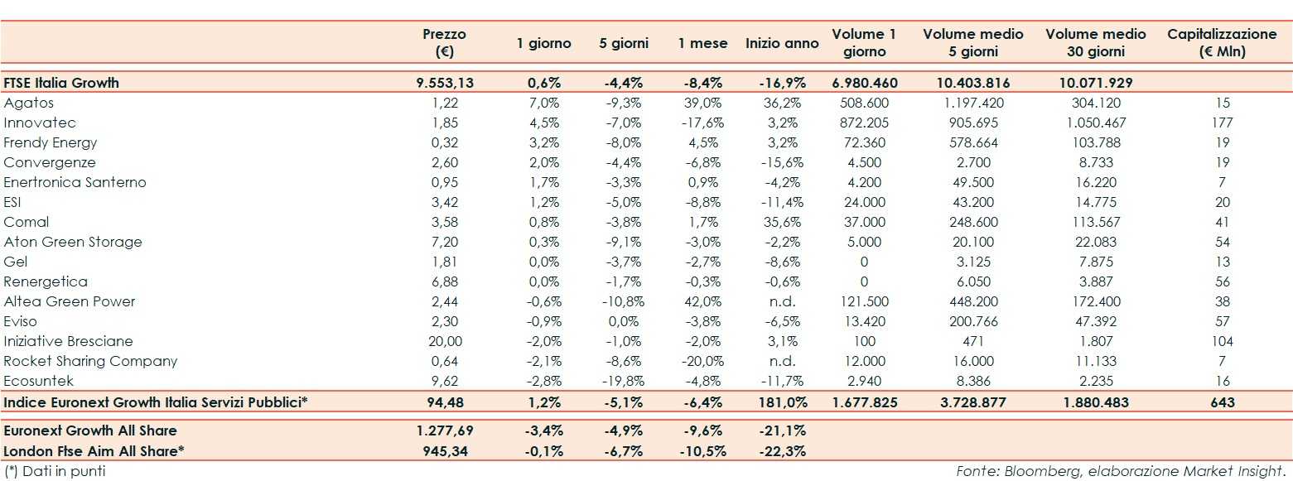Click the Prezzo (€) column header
tap(444, 43)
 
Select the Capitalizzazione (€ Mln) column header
tap(1222, 43)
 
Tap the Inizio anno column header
tap(782, 43)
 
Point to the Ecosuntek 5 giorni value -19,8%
tap(624, 381)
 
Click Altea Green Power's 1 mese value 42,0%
tap(702, 301)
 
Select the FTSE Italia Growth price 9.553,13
tap(444, 83)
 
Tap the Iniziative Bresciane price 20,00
tap(444, 341)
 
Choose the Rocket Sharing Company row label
tap(90, 361)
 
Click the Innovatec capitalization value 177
tap(1222, 123)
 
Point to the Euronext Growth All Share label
tap(90, 430)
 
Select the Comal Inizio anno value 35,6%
tap(782, 222)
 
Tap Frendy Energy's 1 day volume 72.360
tap(864, 142)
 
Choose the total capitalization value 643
tap(1222, 402)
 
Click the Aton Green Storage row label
tap(73, 242)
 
